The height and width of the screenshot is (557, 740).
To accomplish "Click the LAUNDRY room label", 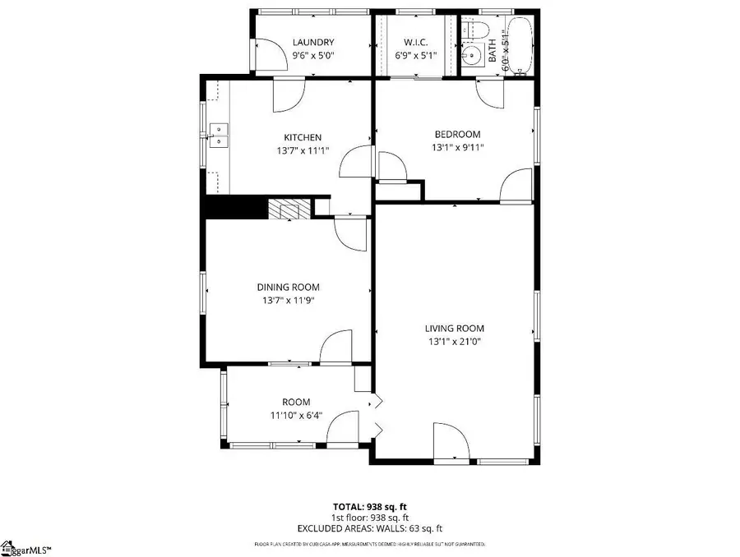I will point(313,42).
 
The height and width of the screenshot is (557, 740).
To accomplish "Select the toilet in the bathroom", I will point(470,32).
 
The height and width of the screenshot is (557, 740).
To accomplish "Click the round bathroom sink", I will point(469,57).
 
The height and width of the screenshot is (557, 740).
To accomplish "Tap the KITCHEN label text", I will point(303,137).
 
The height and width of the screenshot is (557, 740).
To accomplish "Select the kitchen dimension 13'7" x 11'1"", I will point(303,150).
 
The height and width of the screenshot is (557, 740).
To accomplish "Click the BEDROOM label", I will point(457,134).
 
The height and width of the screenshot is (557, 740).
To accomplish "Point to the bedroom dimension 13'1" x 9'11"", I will point(457,148).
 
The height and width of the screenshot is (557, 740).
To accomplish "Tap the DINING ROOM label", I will point(288,287).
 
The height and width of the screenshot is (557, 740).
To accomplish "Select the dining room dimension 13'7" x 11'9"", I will point(288,300).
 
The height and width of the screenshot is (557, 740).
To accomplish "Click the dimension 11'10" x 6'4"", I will point(296,415).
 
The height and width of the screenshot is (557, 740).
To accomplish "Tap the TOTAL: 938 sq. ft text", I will point(369,507).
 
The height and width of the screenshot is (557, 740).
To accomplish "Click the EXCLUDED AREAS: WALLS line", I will point(369,528).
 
